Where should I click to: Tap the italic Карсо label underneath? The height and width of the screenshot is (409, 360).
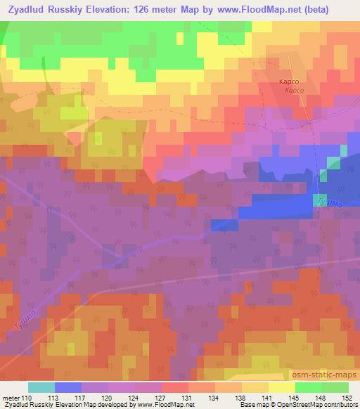(294, 91)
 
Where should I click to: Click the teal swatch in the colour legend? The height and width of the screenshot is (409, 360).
(41, 387)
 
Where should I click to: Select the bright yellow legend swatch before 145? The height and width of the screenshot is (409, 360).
(281, 387)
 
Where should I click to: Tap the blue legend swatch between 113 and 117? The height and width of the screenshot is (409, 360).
(68, 387)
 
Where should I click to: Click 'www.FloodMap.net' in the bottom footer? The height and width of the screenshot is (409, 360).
(167, 405)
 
